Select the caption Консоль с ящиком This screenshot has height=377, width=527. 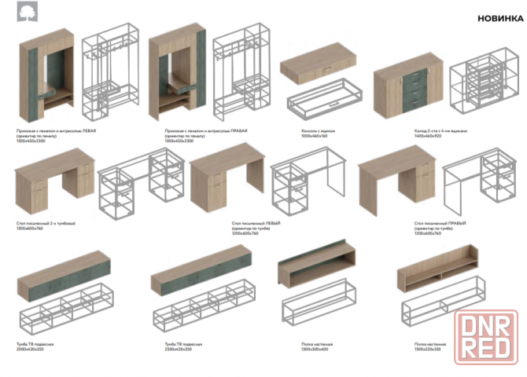point(316,131)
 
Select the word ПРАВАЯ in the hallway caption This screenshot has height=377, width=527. point(237,131)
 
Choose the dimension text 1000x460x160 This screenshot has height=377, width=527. point(314,136)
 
